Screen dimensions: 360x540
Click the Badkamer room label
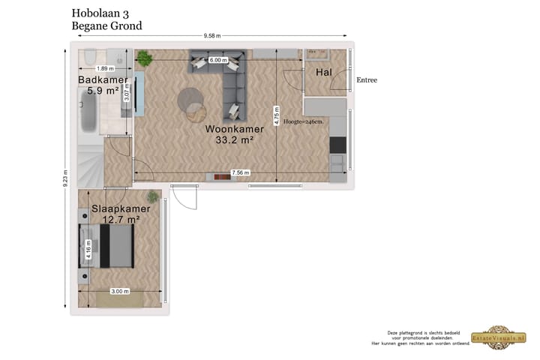point(103,80)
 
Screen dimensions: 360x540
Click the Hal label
point(324,73)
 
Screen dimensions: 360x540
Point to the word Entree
point(367,80)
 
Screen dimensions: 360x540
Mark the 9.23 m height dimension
point(66,179)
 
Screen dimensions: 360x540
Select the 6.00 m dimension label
point(218,60)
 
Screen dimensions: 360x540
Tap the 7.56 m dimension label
point(240,173)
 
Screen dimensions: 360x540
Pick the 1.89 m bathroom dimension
point(106,68)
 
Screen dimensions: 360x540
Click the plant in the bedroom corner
point(153,197)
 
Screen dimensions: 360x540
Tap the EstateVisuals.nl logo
point(493,338)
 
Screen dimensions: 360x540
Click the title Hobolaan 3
point(100,13)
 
